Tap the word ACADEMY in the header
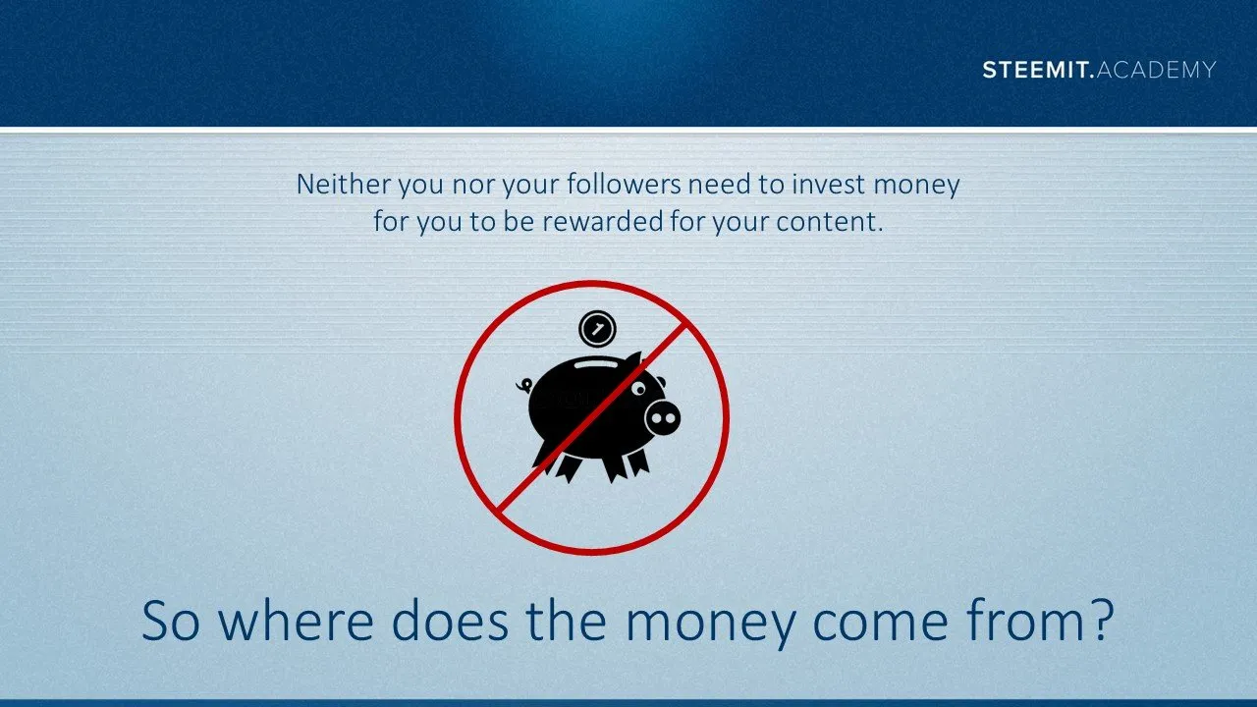point(1156,70)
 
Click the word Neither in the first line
point(344,184)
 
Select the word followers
point(624,184)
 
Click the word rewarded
point(603,221)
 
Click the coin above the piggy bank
point(598,329)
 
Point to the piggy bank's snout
point(663,417)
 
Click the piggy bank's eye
point(638,388)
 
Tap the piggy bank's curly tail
point(524,386)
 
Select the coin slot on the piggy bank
point(595,363)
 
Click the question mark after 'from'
point(1102,619)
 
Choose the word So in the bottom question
point(171,621)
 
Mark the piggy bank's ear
point(632,362)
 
